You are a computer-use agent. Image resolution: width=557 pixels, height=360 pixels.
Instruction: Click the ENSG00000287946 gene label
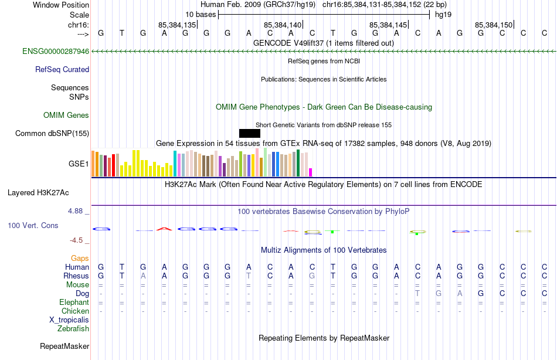[56, 52]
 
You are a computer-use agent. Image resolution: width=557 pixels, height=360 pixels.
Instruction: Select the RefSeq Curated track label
[62, 69]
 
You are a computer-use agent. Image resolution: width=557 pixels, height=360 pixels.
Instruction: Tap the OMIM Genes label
[66, 115]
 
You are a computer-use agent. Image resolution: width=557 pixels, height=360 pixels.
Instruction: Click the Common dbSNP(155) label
[52, 133]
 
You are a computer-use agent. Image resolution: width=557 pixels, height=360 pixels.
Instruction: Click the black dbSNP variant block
[250, 133]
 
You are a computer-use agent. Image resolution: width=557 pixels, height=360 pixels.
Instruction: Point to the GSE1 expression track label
[79, 164]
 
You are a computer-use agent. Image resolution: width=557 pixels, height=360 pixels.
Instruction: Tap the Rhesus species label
[77, 276]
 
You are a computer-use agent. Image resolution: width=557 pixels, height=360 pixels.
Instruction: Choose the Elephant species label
[74, 302]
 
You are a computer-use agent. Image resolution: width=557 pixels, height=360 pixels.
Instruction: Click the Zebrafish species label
[73, 328]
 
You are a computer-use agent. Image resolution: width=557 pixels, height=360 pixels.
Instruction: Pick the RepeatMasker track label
[64, 346]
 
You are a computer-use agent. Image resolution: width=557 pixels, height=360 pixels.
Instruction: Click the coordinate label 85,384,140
[283, 25]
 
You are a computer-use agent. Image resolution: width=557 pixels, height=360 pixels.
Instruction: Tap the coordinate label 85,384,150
[494, 25]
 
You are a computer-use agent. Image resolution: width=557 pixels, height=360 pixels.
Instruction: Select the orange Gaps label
[80, 258]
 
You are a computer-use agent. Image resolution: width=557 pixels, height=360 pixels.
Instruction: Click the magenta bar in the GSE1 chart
[311, 172]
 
